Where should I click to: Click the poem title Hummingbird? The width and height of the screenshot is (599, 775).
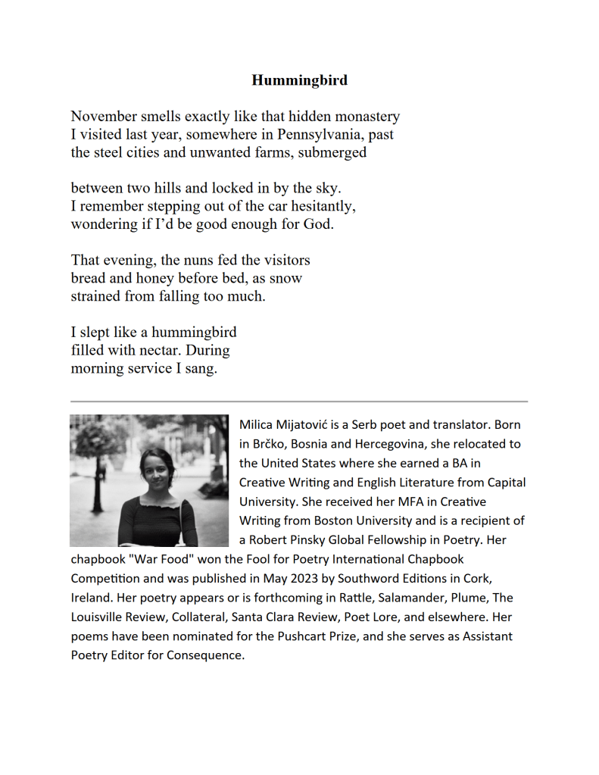coord(299,80)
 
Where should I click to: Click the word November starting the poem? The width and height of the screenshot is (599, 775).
coord(103,117)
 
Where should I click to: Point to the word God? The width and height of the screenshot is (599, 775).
coord(318,224)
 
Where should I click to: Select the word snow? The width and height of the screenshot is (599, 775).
coord(286,278)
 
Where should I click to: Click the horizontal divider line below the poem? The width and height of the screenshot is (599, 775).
coord(299,401)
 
